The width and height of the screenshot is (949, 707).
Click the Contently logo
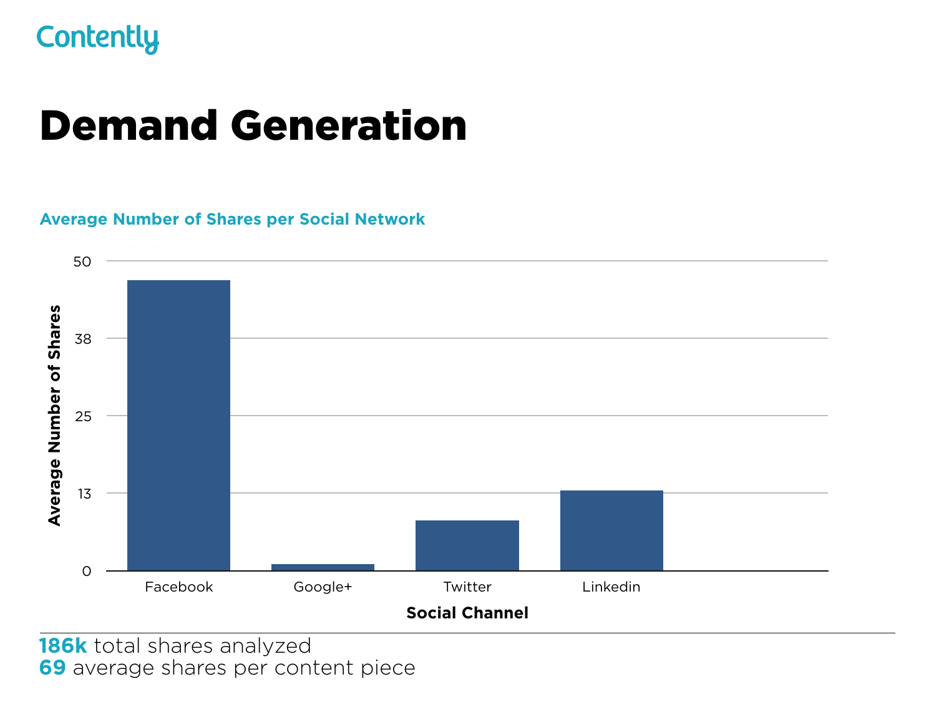(x=98, y=39)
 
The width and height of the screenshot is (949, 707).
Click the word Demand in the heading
(x=129, y=126)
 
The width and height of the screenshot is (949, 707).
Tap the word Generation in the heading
(x=349, y=126)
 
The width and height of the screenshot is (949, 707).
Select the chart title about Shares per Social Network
(x=232, y=220)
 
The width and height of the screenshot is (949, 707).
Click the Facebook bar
(x=178, y=425)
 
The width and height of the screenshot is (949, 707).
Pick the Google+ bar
(x=323, y=567)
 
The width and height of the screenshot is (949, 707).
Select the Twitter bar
(x=467, y=545)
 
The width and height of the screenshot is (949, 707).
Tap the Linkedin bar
(x=611, y=530)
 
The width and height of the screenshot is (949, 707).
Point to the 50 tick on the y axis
(x=82, y=261)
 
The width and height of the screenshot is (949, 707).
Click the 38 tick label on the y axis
(x=82, y=339)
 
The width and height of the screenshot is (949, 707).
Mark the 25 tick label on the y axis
(x=82, y=416)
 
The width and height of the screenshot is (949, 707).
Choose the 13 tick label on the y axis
(x=83, y=494)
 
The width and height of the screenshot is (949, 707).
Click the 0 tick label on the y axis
(x=87, y=572)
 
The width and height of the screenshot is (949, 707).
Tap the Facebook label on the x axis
(x=178, y=587)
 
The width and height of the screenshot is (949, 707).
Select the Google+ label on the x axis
(x=323, y=587)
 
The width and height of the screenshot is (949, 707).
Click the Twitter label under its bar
(x=467, y=587)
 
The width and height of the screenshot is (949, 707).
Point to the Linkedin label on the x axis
(x=611, y=587)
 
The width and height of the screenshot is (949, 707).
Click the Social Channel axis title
(x=467, y=613)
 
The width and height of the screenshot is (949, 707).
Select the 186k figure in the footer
(x=63, y=646)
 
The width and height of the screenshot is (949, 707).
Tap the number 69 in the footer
(x=52, y=668)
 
